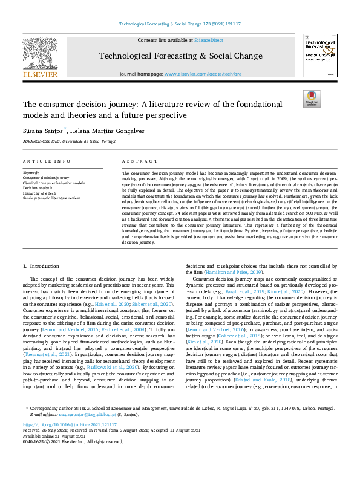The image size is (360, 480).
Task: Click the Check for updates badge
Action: [x=311, y=99]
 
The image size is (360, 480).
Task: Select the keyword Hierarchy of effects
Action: [x=39, y=193]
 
